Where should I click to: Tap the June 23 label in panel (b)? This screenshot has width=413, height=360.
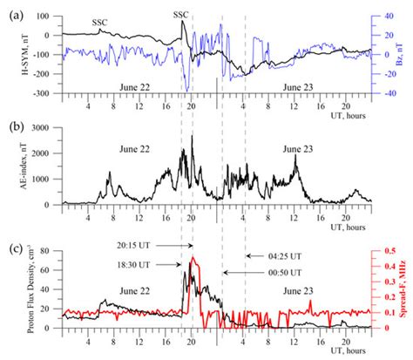(301, 149)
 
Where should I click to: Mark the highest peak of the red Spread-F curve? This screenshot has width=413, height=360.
(193, 257)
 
